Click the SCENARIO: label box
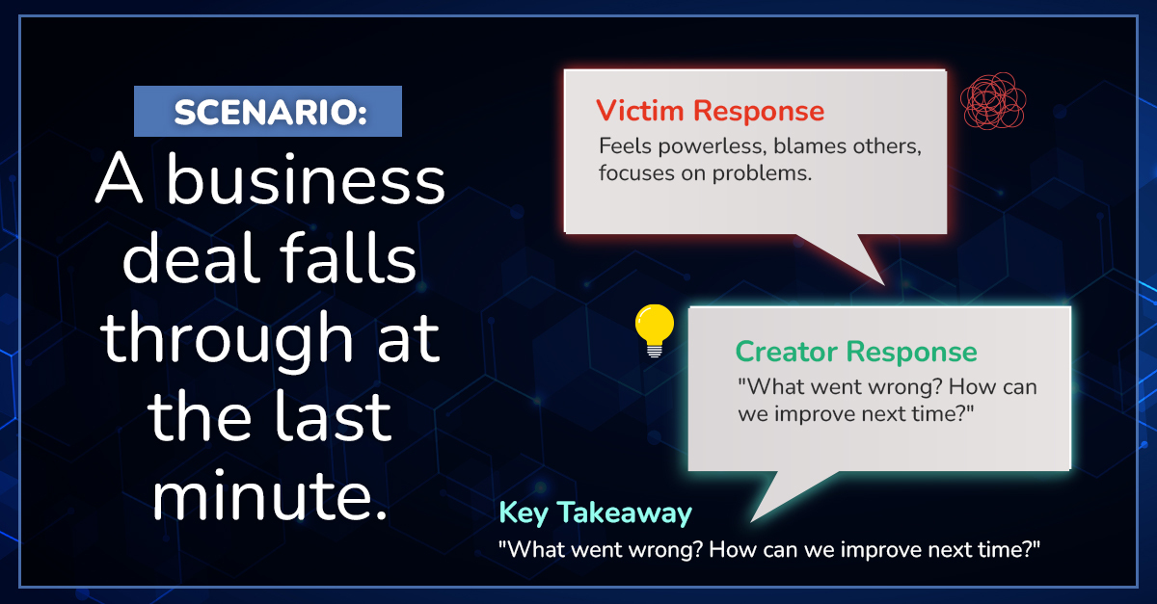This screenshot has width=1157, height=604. point(268,111)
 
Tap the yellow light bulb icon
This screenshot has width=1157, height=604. point(655,330)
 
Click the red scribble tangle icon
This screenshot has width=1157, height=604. point(993,100)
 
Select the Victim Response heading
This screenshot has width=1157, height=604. point(710,111)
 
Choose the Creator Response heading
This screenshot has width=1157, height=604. point(856,353)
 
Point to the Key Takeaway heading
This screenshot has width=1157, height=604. point(595,512)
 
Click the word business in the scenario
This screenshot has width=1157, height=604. point(306,179)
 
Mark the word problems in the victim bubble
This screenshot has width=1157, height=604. point(762,174)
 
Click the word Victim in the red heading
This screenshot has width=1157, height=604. point(639,111)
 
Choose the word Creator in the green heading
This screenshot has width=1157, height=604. point(786,353)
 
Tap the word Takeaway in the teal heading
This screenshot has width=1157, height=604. point(625,513)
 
